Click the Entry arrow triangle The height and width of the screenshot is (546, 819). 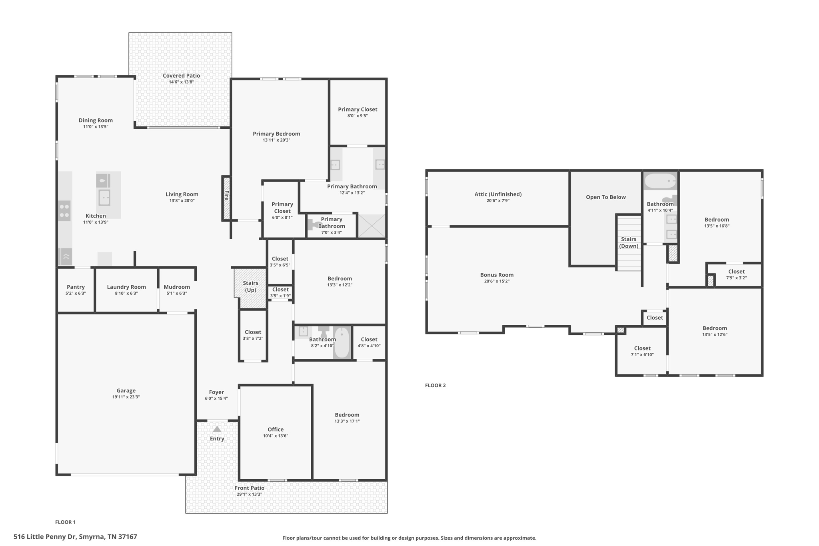point(217,429)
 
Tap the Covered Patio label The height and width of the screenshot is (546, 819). point(181,76)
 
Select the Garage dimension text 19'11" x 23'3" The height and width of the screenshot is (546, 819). point(126,397)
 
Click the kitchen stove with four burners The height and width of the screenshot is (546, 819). point(64,211)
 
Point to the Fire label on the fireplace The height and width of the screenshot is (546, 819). point(227,196)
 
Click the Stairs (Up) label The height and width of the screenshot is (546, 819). point(250,286)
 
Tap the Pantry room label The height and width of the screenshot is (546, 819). point(76,287)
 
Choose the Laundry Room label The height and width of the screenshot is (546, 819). point(126,287)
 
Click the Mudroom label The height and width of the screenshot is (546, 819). point(177,287)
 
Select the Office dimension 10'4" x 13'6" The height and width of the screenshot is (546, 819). point(276,436)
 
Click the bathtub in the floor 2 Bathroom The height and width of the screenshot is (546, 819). point(660,181)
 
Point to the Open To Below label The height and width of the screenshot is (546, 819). point(606,197)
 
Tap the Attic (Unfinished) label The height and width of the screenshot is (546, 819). point(498,194)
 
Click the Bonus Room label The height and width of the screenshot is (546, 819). point(497,275)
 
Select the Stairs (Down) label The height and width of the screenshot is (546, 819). point(629,242)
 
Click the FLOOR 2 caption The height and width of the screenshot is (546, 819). point(435,386)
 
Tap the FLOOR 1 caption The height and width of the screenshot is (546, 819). point(65,522)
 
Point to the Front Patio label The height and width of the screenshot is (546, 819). point(250,488)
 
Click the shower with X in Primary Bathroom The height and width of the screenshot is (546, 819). point(372,226)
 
